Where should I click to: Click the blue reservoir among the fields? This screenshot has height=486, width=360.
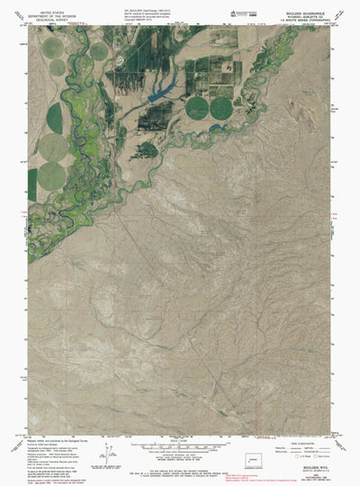164,91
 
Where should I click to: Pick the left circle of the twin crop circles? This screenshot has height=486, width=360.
197,107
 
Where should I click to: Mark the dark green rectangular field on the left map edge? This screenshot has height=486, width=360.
32,184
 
